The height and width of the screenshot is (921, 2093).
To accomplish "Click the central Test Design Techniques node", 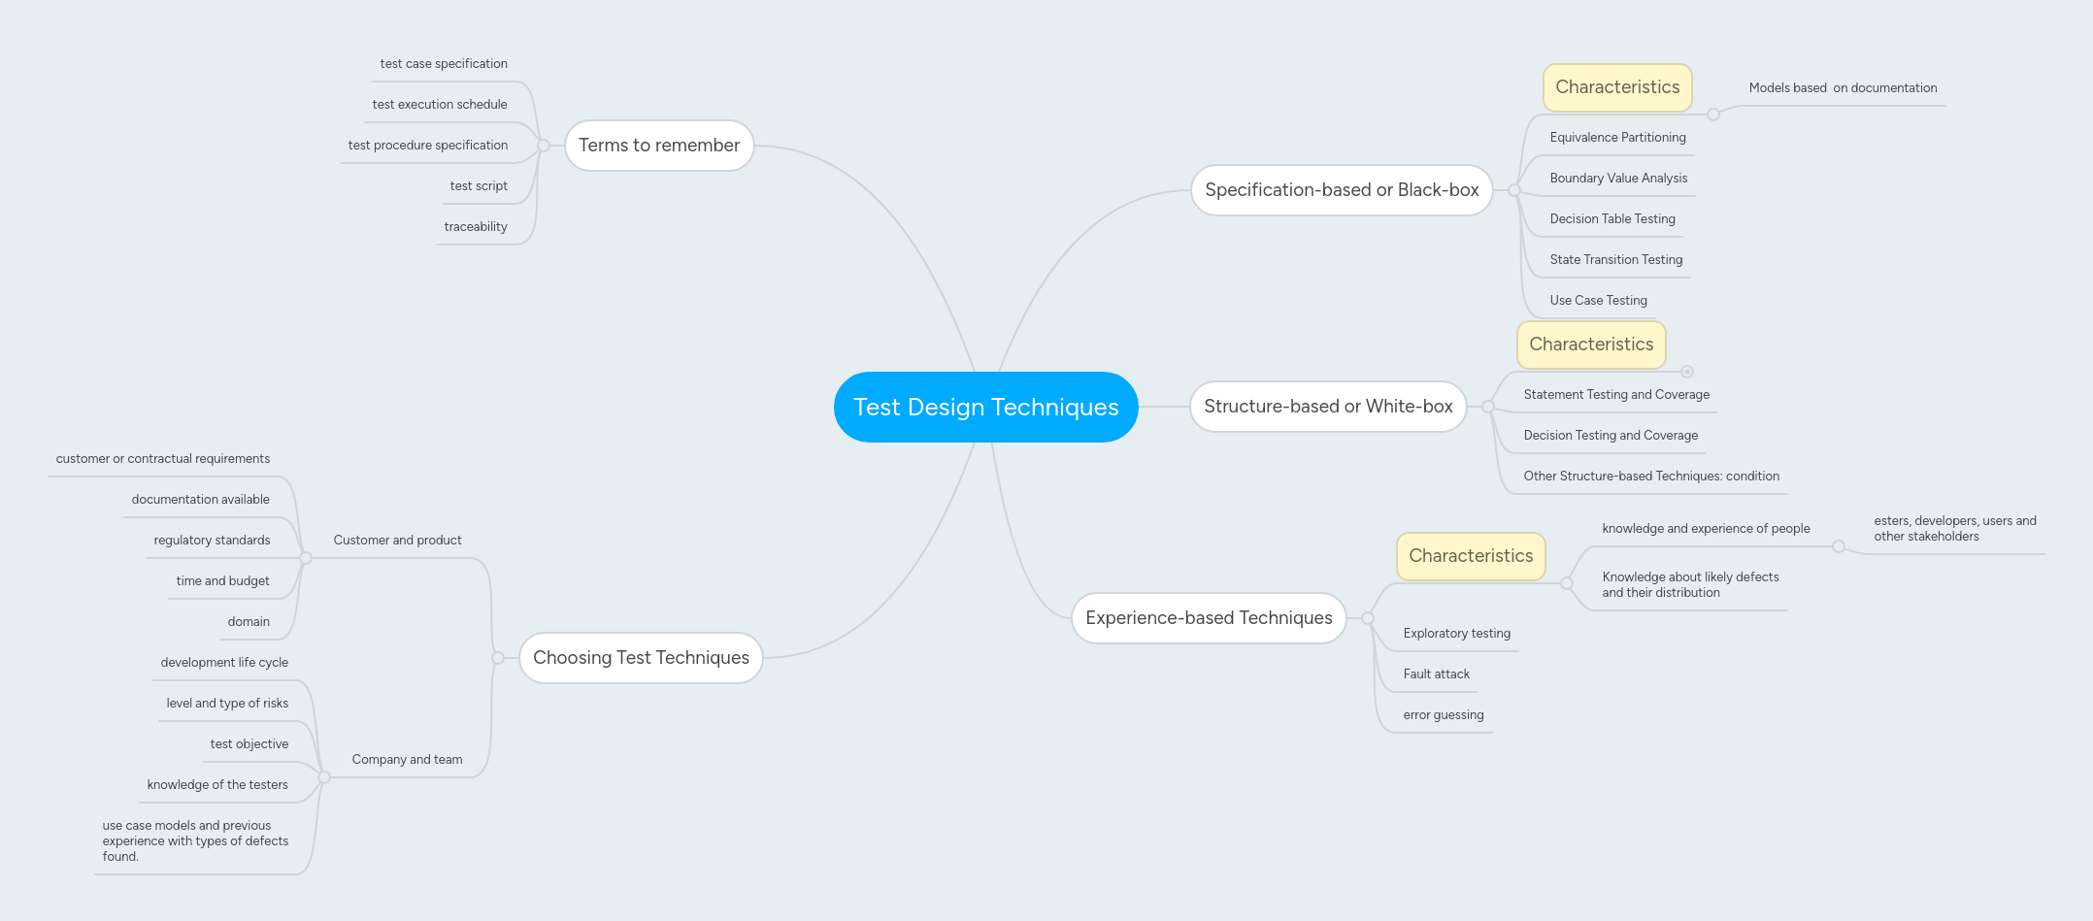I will [x=985, y=408].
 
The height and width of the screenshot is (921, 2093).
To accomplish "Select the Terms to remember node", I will [x=659, y=146].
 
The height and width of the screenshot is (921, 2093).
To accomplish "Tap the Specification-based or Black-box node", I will [x=1342, y=190].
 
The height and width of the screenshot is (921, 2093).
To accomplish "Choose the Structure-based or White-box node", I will [x=1328, y=407].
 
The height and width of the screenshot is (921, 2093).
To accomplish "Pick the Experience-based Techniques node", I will [x=1209, y=618].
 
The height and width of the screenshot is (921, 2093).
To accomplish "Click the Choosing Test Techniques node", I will [x=641, y=658].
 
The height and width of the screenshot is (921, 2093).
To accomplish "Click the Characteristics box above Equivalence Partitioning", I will [x=1617, y=87].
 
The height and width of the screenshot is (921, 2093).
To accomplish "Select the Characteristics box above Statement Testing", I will [x=1591, y=345].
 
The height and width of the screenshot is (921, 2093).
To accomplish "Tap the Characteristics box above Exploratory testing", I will [x=1471, y=556].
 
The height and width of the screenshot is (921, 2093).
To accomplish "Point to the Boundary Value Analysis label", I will [x=1618, y=179].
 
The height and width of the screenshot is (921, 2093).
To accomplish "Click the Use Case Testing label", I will [x=1598, y=301].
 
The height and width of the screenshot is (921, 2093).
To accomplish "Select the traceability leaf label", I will [x=476, y=227].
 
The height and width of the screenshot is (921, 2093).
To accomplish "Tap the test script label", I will [x=479, y=186].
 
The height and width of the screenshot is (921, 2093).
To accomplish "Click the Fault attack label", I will [x=1436, y=674].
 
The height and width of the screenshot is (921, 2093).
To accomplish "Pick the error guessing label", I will [x=1444, y=715].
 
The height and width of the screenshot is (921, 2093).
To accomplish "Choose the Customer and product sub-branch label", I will [x=397, y=541].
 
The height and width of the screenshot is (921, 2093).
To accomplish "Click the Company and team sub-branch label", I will [x=407, y=760].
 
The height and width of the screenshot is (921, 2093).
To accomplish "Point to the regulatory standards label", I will [x=212, y=541].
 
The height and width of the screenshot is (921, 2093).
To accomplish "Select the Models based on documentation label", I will [x=1843, y=88].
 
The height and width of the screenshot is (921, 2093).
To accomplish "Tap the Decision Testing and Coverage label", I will [x=1611, y=436].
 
